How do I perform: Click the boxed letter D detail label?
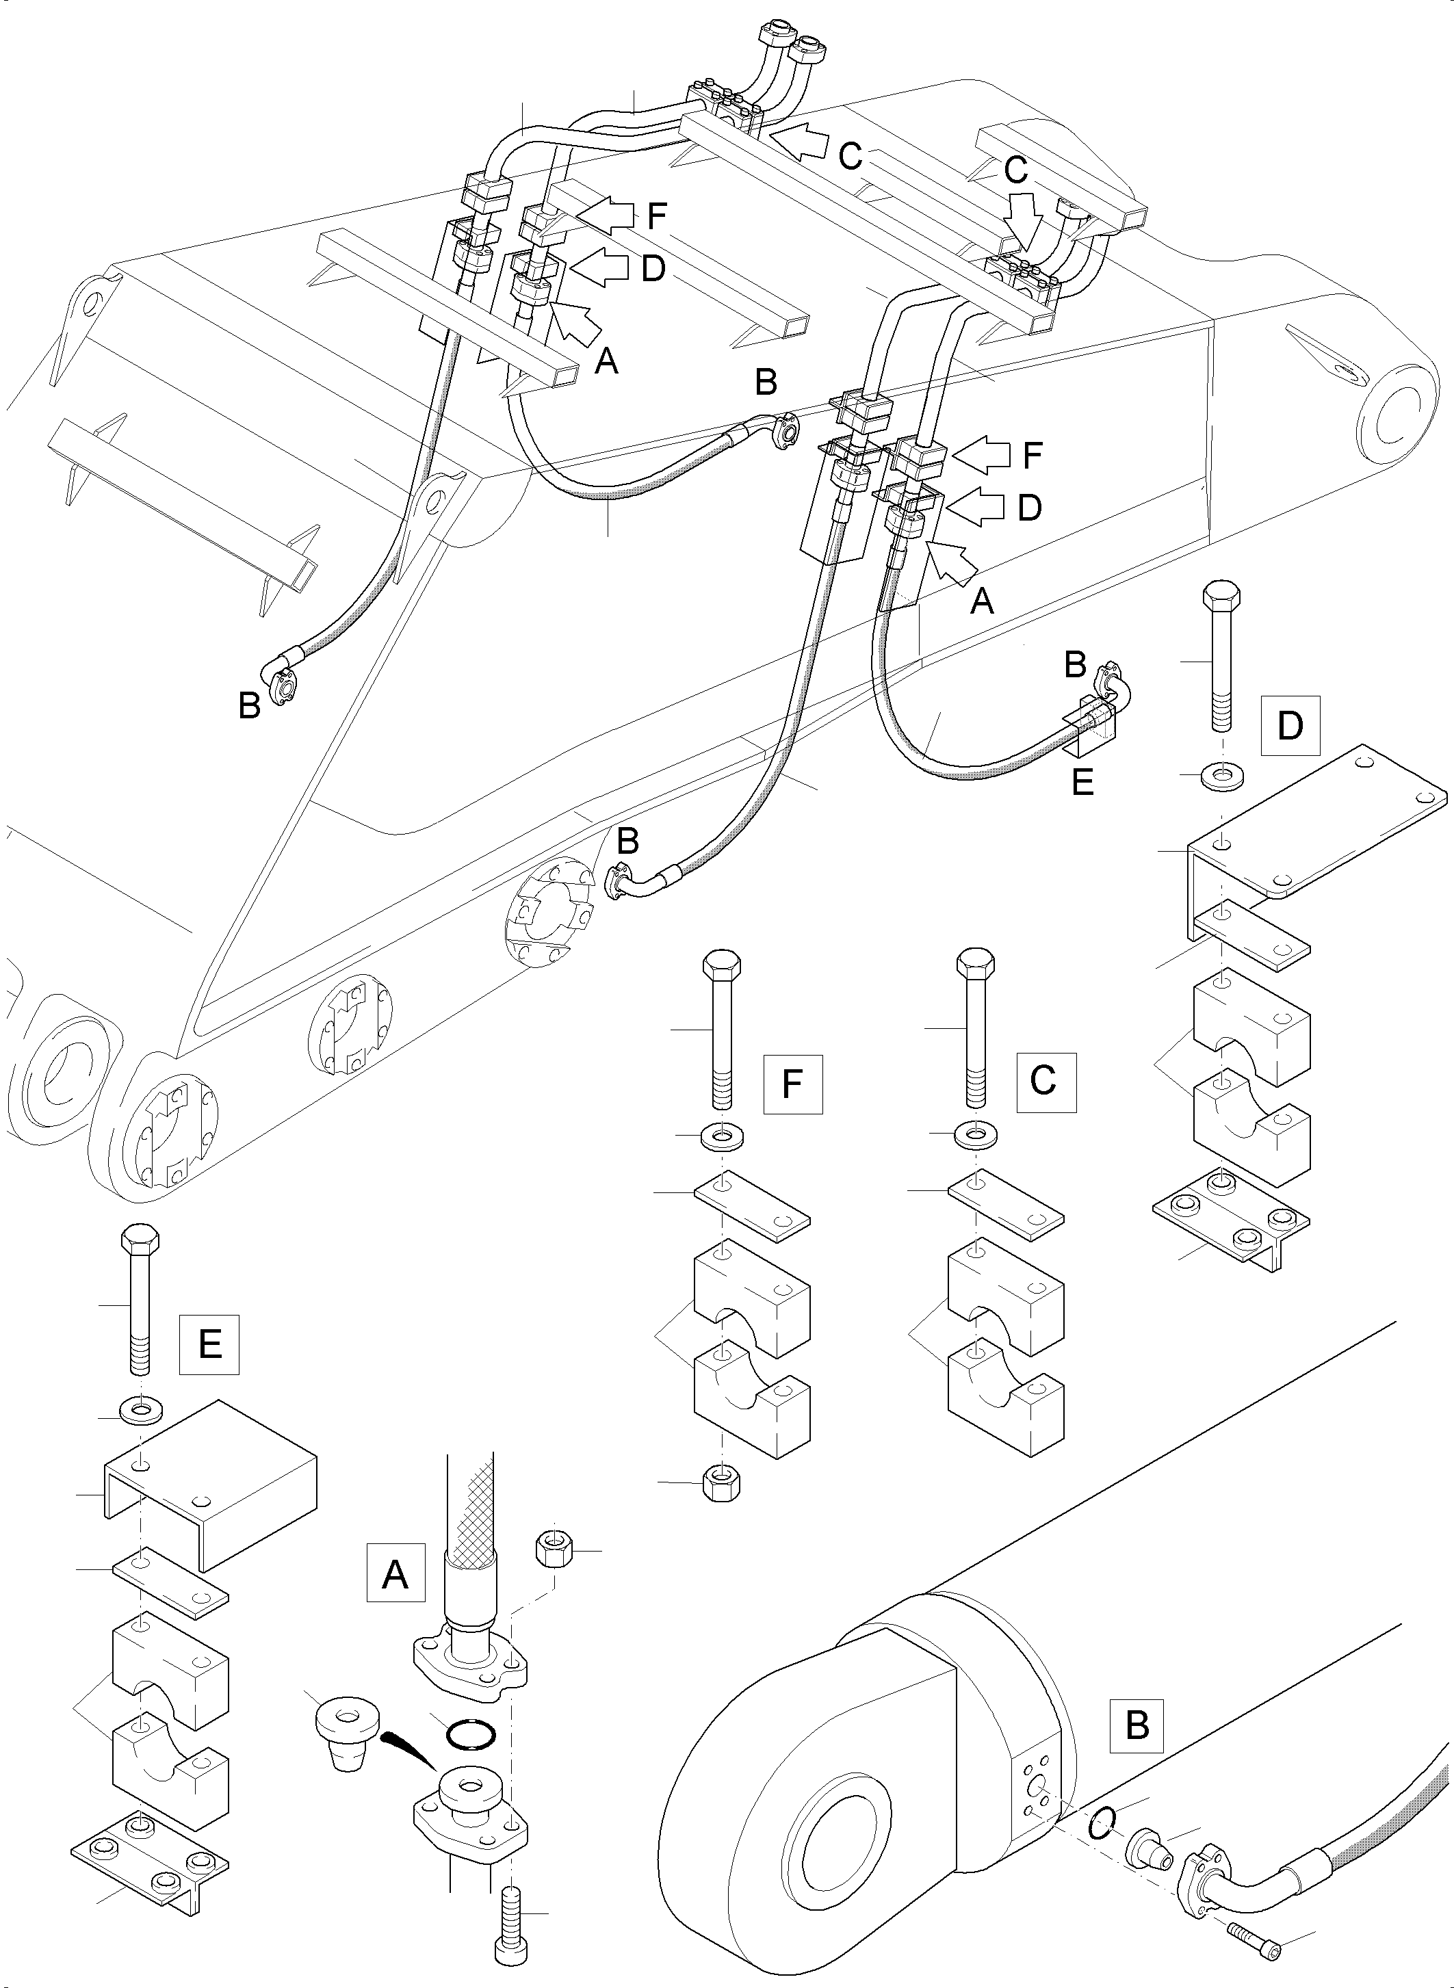pyautogui.click(x=1290, y=725)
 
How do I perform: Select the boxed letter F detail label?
pyautogui.click(x=792, y=1084)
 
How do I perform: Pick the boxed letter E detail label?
pyautogui.click(x=209, y=1345)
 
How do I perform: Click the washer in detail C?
pyautogui.click(x=975, y=1135)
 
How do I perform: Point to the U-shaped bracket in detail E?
pyautogui.click(x=210, y=1481)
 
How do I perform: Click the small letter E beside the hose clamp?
pyautogui.click(x=1082, y=781)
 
